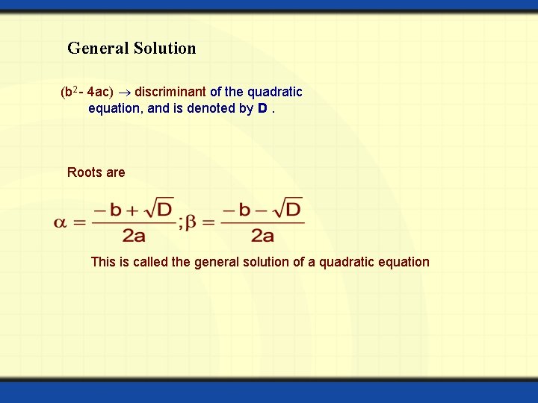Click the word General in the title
98,49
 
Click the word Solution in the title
164,49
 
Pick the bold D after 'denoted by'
262,109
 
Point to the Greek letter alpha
61,222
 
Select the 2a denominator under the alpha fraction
134,237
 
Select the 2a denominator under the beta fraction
262,237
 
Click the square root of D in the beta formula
288,207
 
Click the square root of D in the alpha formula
159,207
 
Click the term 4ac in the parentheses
99,93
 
